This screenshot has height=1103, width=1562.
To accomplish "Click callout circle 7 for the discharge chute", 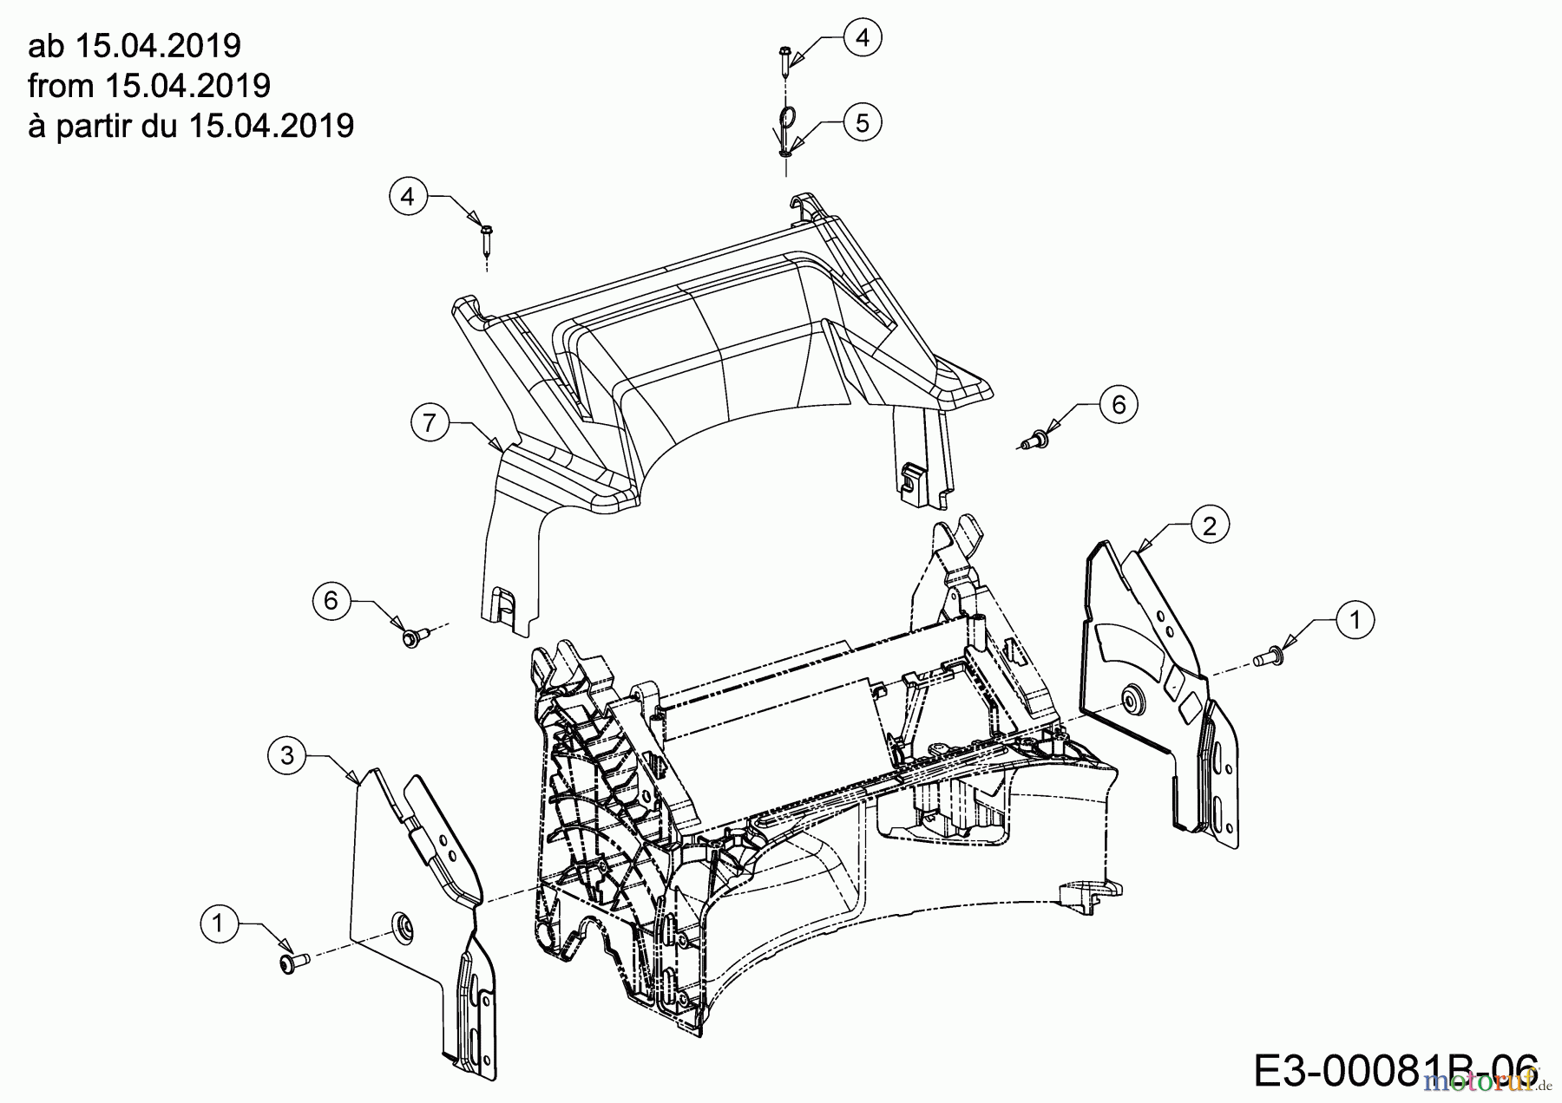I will point(430,422).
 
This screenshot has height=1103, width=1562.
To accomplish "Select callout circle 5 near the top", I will point(862,122).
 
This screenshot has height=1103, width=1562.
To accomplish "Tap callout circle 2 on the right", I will point(1210,525).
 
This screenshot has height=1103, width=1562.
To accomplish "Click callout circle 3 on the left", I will point(287,755).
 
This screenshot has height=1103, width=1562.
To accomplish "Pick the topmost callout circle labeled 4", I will point(862,37).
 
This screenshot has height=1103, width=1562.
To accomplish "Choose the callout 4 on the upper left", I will point(408,197).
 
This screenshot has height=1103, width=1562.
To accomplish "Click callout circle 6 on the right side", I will point(1119,405).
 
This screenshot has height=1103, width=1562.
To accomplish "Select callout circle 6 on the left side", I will point(331,600).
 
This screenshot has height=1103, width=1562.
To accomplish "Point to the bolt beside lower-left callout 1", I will point(289,963).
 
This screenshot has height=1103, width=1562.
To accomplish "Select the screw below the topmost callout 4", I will point(784,60).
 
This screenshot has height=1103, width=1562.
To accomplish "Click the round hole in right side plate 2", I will point(1131,697).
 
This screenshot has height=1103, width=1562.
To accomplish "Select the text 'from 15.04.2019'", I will point(149,85).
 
